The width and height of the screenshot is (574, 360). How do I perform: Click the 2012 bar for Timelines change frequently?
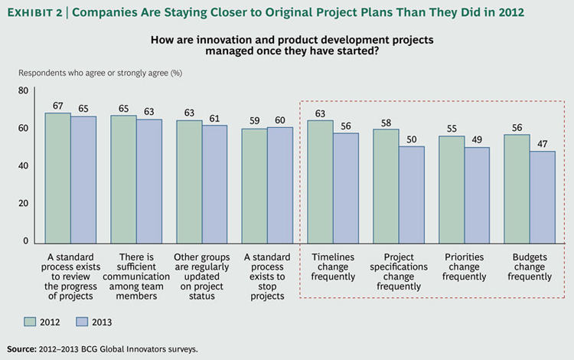click(x=320, y=182)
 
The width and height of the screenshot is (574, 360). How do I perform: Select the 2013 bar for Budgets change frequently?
click(x=542, y=197)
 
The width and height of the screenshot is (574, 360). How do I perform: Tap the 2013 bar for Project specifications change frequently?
click(x=412, y=195)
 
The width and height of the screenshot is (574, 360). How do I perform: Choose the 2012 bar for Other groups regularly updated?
click(x=189, y=182)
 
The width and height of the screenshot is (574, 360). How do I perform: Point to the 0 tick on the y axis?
click(x=24, y=241)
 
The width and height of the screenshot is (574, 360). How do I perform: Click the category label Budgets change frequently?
click(x=529, y=266)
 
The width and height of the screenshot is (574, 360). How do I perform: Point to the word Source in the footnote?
click(x=21, y=349)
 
